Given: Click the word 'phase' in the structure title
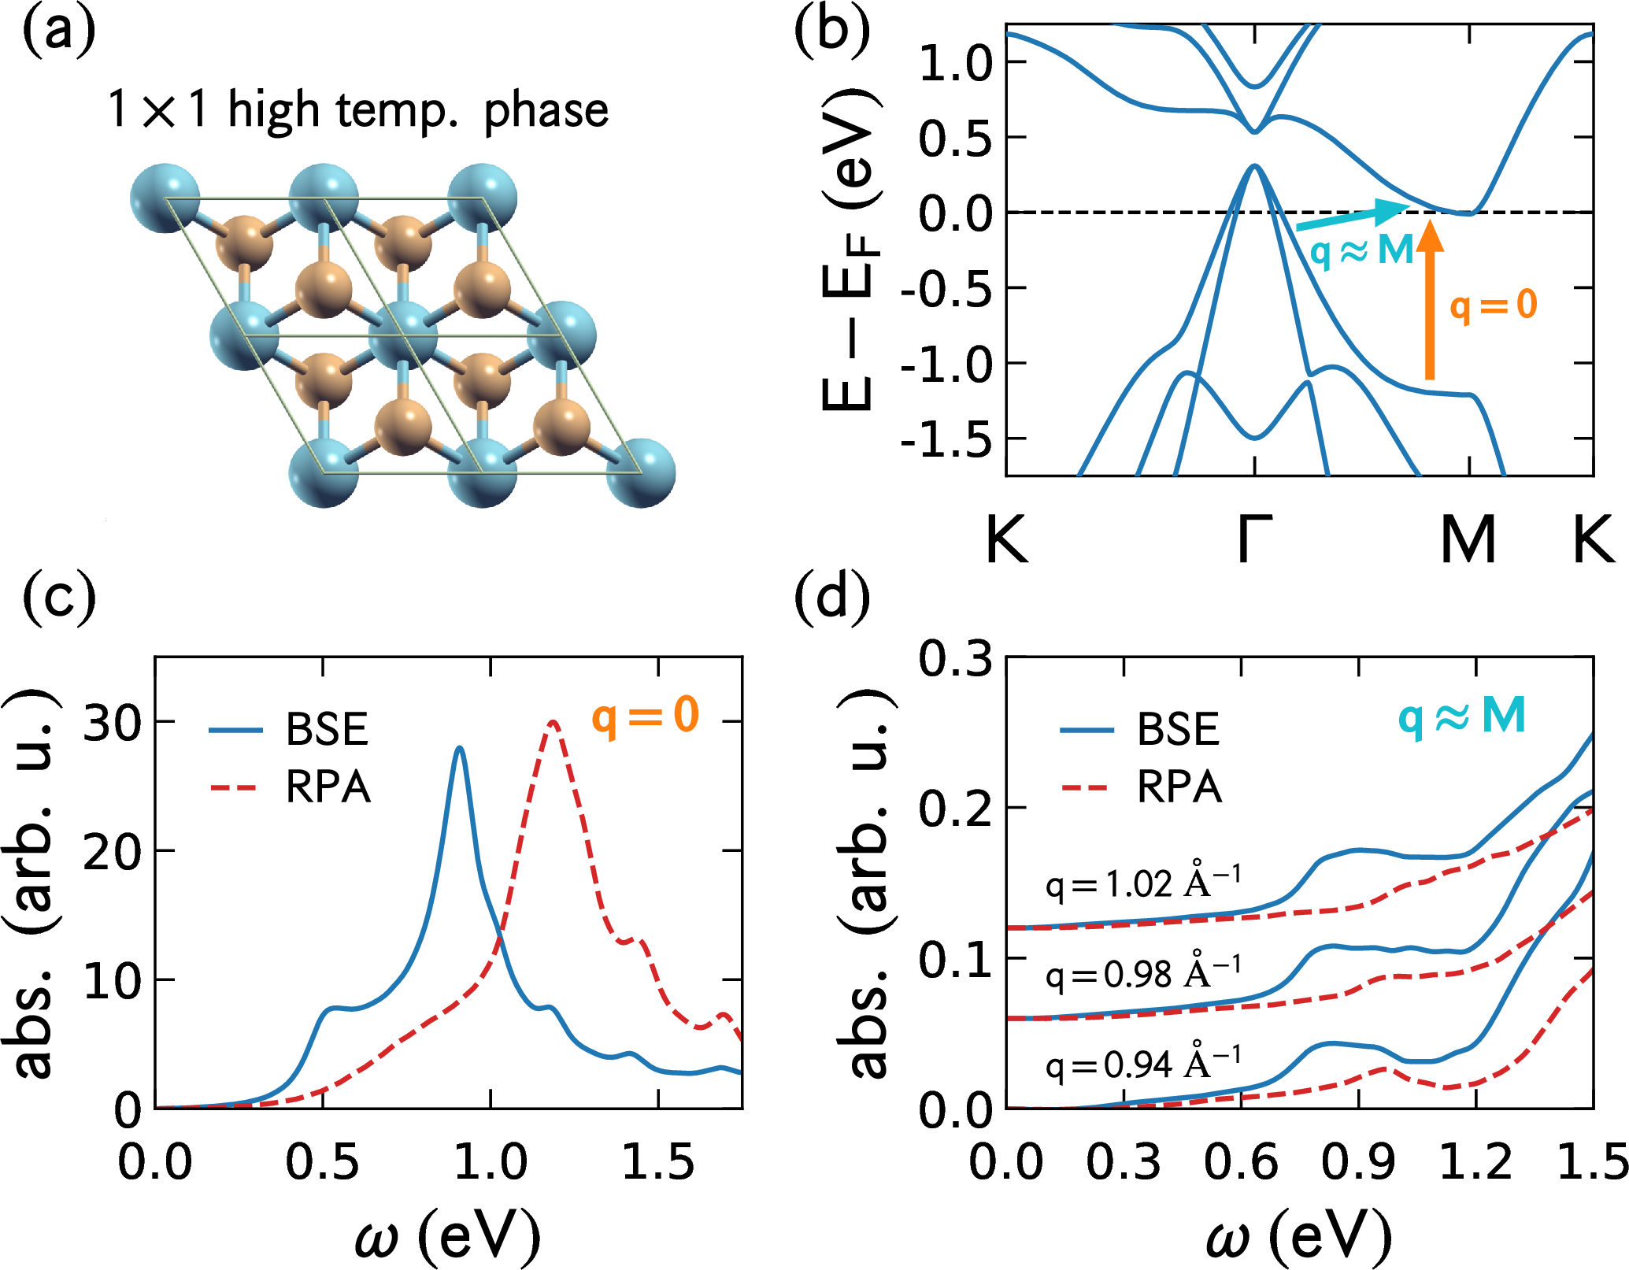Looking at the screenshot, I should [x=546, y=110].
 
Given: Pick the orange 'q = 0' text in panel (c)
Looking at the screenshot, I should [x=645, y=715].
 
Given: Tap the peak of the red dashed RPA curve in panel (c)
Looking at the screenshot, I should [x=553, y=722].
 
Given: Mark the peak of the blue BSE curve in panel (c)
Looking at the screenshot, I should [x=460, y=748].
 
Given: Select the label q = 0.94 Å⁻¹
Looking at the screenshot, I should [x=1142, y=1063].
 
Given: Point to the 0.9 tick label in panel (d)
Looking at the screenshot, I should [x=1358, y=1161].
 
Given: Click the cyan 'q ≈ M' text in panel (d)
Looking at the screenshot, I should [x=1461, y=716].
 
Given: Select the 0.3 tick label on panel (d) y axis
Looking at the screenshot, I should [x=955, y=658].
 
